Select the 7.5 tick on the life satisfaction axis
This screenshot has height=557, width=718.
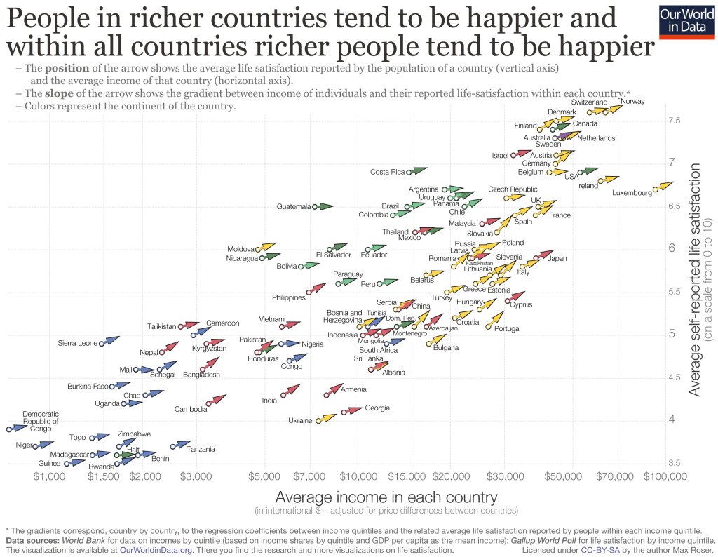point(675,121)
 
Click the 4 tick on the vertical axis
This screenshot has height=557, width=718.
point(671,420)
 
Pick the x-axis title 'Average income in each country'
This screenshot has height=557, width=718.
point(386,497)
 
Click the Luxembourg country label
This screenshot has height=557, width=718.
point(632,193)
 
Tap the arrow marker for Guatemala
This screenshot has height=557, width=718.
point(323,206)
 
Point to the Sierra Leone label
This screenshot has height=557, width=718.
point(77,343)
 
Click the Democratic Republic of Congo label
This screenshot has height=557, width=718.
point(41,421)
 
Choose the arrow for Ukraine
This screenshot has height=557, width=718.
point(325,418)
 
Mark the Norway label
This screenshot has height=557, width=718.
point(632,102)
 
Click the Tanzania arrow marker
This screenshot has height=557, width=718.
point(180,445)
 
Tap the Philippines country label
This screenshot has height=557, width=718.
point(288,297)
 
